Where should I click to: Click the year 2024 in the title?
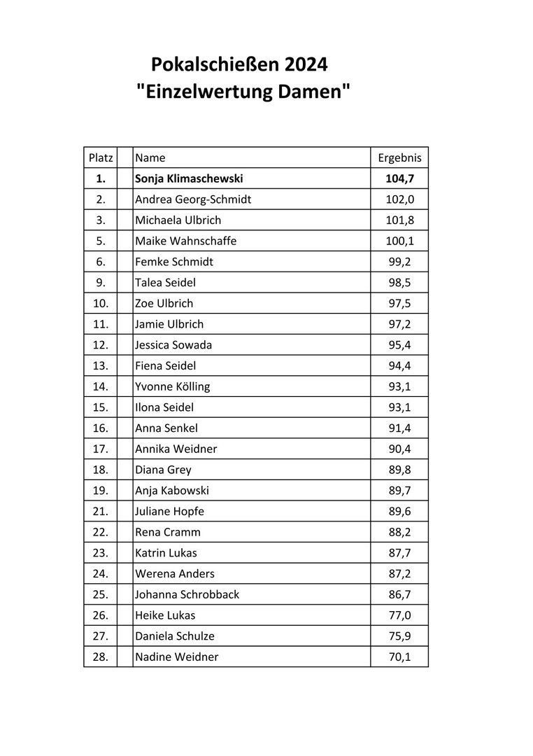click(306, 66)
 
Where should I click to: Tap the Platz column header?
click(100, 158)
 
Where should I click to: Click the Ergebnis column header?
click(399, 158)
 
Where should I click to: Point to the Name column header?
click(150, 158)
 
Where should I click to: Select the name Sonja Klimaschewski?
click(189, 178)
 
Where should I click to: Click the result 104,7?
click(399, 178)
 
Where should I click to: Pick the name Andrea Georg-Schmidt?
click(193, 199)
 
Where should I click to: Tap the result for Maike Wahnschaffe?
click(399, 241)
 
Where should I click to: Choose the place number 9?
click(100, 283)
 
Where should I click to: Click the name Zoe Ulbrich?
click(164, 303)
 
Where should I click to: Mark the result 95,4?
click(399, 345)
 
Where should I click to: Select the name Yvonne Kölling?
click(172, 386)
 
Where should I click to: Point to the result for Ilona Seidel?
click(399, 407)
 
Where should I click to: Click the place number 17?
click(100, 449)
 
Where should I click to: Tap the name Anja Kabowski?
click(172, 491)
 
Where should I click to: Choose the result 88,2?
click(399, 532)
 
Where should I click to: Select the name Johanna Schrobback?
click(187, 594)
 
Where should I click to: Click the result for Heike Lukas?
click(399, 615)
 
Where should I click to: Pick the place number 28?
click(100, 657)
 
